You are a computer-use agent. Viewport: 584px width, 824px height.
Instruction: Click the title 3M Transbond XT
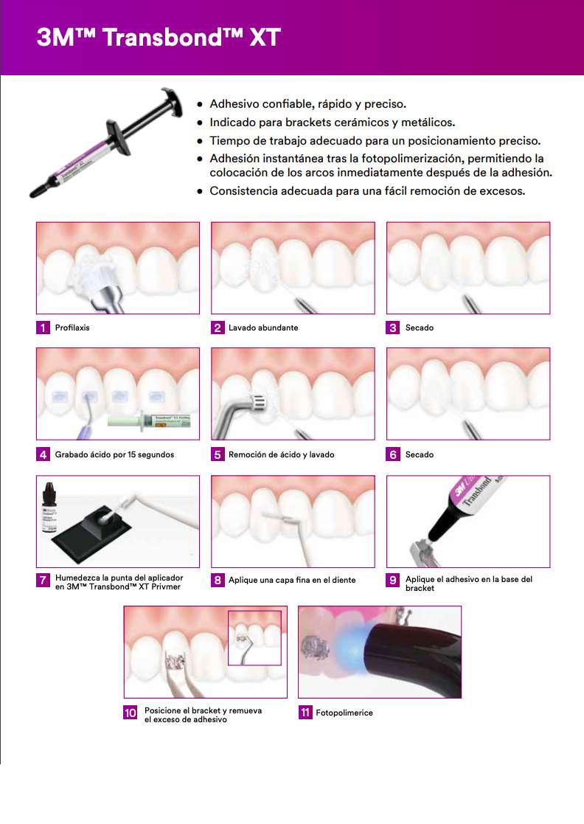pyautogui.click(x=158, y=38)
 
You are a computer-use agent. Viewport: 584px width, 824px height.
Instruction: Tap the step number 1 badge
pyautogui.click(x=44, y=328)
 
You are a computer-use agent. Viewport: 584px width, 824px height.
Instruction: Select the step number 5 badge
pyautogui.click(x=218, y=454)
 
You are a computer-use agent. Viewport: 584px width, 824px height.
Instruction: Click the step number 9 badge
pyautogui.click(x=393, y=580)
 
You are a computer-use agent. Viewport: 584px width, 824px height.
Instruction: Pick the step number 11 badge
pyautogui.click(x=305, y=713)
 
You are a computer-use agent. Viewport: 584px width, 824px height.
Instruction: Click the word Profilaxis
pyautogui.click(x=72, y=328)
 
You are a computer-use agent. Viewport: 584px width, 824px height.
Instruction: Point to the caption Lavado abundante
pyautogui.click(x=263, y=328)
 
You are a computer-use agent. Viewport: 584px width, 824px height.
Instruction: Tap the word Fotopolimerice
pyautogui.click(x=344, y=713)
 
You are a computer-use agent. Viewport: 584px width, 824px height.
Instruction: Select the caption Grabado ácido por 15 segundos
pyautogui.click(x=114, y=454)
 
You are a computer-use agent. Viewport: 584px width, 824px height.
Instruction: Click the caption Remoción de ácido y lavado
pyautogui.click(x=282, y=454)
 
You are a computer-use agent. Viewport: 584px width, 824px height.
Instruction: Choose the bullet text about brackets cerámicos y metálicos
pyautogui.click(x=332, y=122)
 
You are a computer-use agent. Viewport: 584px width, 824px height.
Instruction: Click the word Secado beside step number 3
pyautogui.click(x=420, y=328)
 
